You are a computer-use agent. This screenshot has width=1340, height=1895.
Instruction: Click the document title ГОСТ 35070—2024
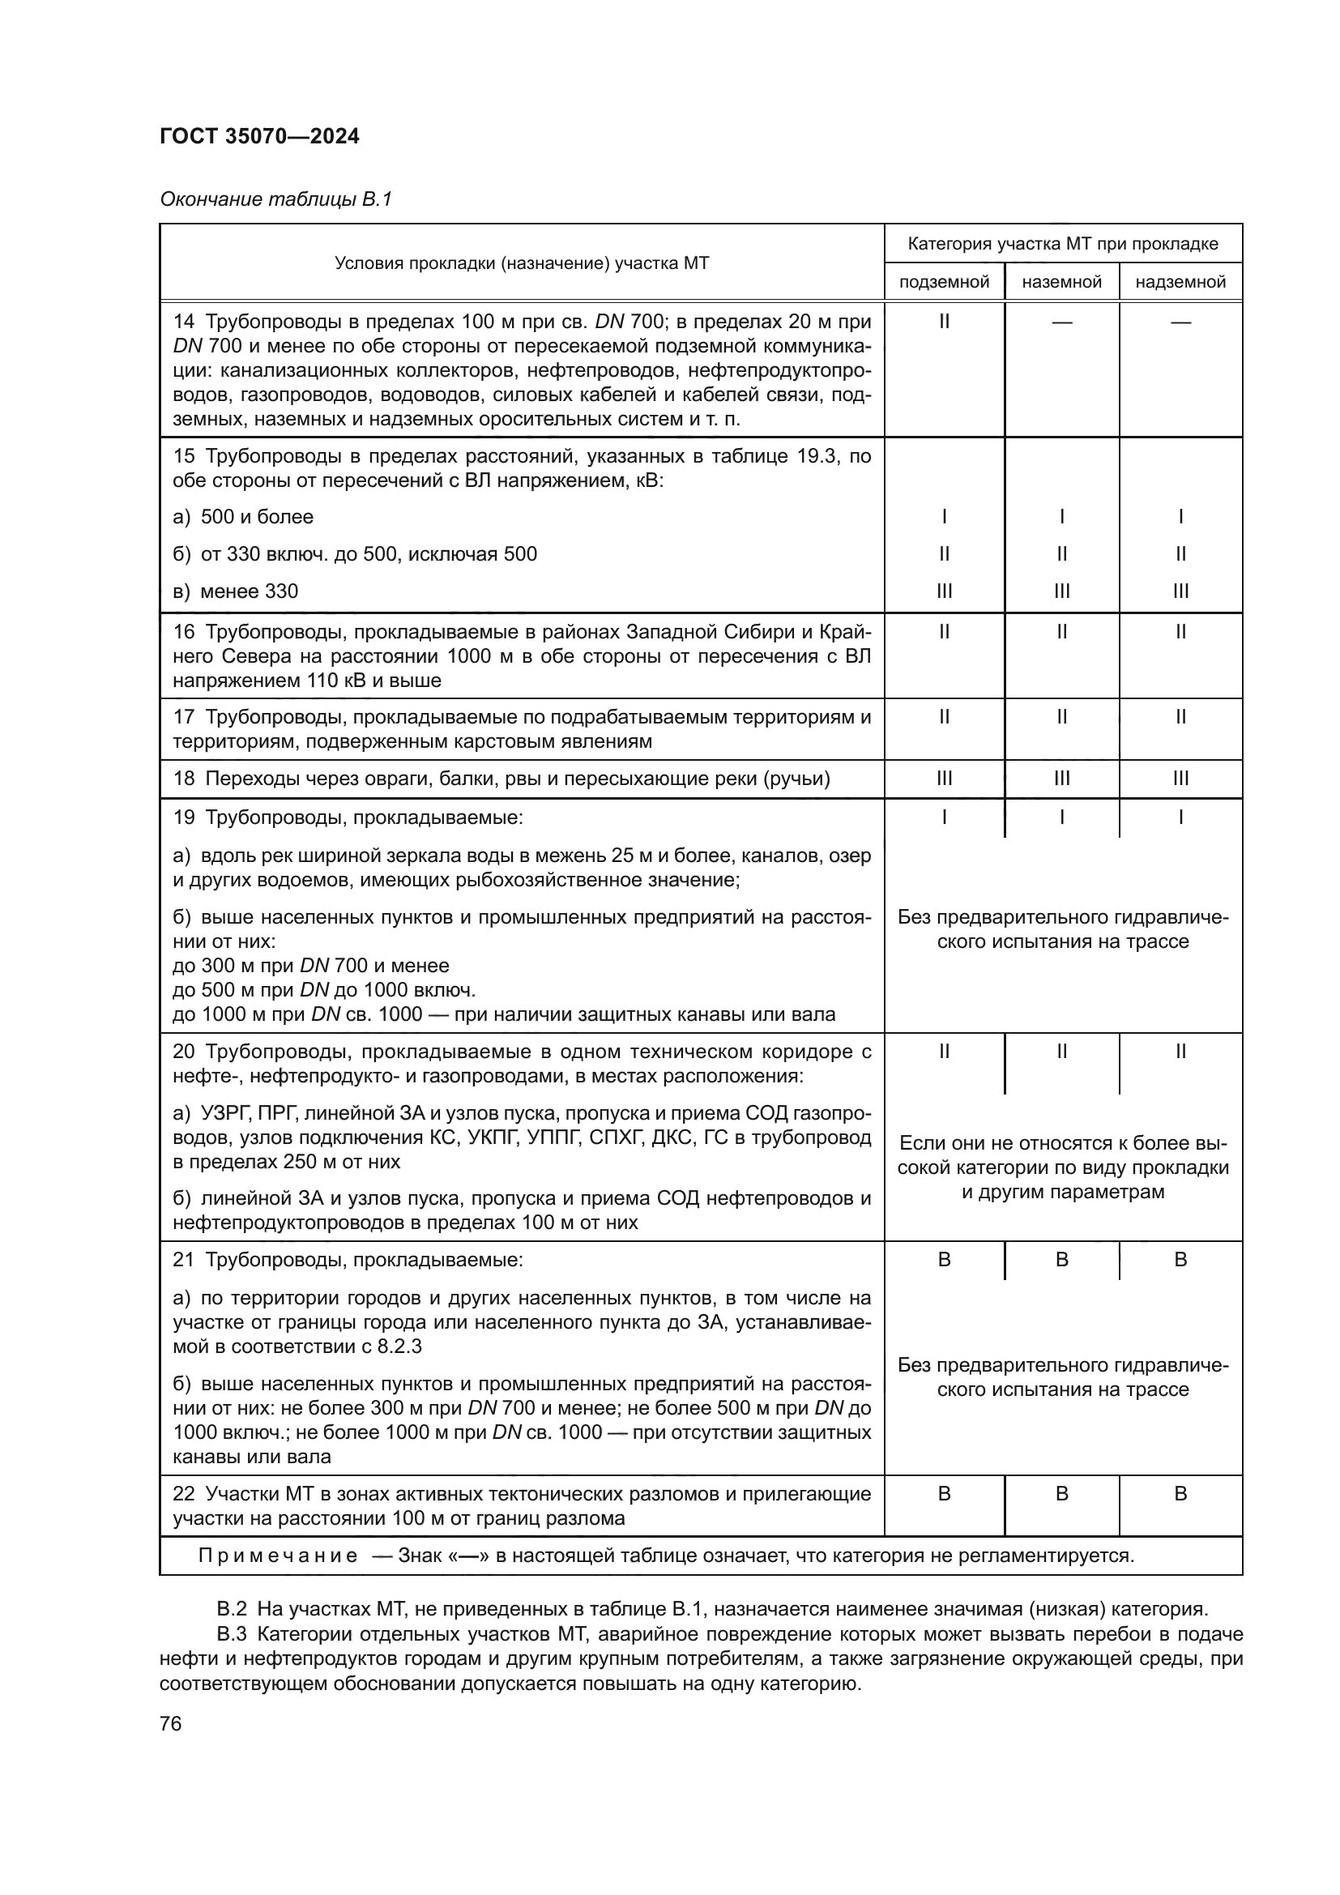pos(259,137)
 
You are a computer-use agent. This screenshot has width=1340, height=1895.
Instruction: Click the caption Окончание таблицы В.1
pos(275,199)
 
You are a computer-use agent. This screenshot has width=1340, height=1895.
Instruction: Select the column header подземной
pos(944,282)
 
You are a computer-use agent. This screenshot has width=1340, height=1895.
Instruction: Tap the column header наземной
pos(1061,282)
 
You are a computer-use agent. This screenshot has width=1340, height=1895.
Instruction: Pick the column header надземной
pos(1180,282)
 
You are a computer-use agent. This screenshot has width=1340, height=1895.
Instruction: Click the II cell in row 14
pos(944,321)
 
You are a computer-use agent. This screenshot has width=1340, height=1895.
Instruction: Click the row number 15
pos(183,456)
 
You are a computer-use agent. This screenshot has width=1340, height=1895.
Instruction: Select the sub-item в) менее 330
pos(235,591)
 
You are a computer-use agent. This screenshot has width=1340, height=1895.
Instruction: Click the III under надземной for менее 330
pos(1180,591)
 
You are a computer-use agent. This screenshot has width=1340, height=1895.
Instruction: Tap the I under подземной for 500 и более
pos(944,517)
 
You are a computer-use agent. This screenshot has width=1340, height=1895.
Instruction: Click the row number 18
pos(183,779)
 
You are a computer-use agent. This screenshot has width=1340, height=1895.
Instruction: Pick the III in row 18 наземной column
pos(1062,779)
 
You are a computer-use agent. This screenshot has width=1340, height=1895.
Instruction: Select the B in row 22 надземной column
pos(1180,1493)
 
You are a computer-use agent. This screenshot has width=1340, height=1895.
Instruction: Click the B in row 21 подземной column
pos(944,1260)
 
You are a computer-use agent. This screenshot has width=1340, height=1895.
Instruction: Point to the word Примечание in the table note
pos(278,1556)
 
